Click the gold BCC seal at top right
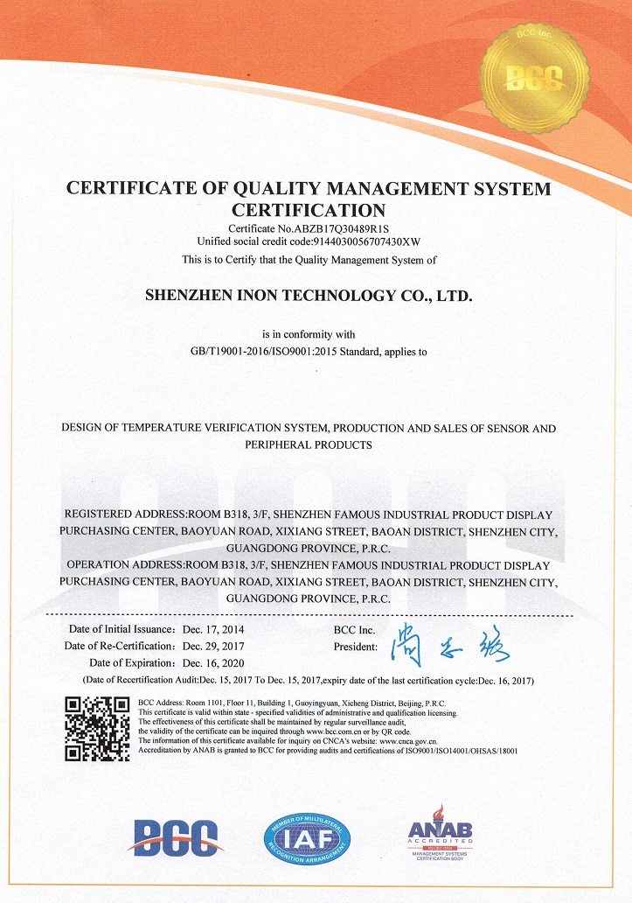pos(538,77)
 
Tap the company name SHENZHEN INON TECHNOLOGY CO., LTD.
pos(308,297)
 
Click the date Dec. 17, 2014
pos(213,630)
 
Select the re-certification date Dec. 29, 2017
pos(213,646)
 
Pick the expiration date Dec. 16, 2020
pos(213,662)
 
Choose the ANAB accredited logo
pos(441,835)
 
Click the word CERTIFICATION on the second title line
pos(308,209)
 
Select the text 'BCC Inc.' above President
pos(353,630)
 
